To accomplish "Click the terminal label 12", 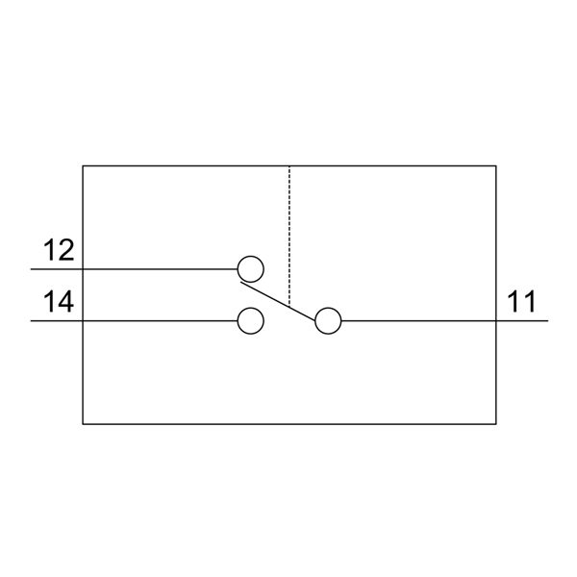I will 60,251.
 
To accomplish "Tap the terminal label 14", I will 60,302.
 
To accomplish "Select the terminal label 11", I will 521,302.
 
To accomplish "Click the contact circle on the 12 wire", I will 250,268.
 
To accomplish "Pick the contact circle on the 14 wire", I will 250,320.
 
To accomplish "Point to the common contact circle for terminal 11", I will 328,320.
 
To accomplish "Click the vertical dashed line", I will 289,231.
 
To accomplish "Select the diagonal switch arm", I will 279,301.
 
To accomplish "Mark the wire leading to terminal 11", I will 423,320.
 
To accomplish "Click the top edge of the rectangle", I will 192,166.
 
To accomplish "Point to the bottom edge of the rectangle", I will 288,423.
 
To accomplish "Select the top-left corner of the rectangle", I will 83,166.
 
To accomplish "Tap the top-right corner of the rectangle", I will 495,166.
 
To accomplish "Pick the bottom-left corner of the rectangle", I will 83,423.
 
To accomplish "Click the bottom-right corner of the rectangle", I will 495,423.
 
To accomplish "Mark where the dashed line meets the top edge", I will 289,166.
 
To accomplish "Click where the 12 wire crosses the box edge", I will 83,268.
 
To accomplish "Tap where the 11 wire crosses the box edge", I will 495,320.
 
